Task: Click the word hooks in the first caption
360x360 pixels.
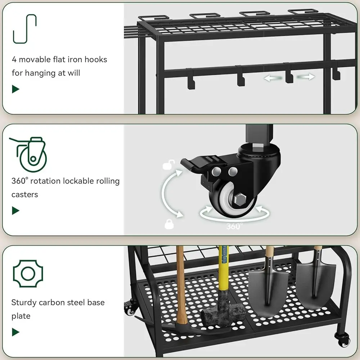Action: point(96,59)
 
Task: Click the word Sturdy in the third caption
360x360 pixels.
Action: point(24,303)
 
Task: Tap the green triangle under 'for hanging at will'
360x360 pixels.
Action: point(15,89)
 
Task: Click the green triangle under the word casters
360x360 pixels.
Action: point(15,211)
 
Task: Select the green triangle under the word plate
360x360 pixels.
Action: point(15,332)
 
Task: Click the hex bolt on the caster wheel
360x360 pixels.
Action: point(240,199)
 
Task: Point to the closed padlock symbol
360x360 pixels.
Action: point(169,224)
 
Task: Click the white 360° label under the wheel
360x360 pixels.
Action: point(234,226)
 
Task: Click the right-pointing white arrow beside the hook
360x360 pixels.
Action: point(306,77)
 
